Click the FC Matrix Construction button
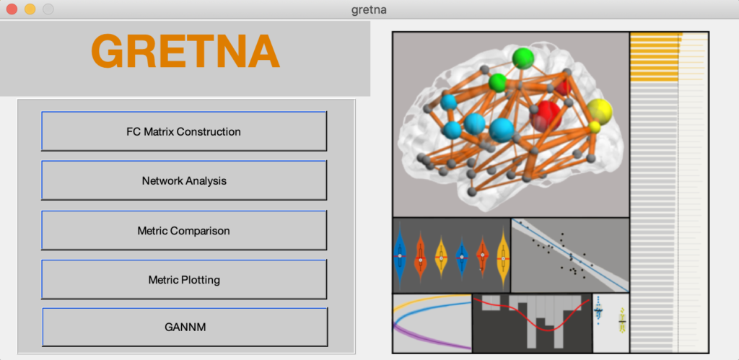point(184,131)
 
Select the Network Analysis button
point(184,180)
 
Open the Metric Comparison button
point(184,230)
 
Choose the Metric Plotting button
point(184,279)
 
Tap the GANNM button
point(185,327)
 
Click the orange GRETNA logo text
point(185,51)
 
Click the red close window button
point(12,9)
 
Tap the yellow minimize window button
point(30,9)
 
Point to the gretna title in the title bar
point(369,9)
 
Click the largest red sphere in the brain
point(546,116)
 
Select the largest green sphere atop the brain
point(523,58)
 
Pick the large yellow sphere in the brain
point(600,111)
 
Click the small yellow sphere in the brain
point(595,126)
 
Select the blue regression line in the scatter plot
point(570,255)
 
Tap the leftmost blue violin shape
point(400,255)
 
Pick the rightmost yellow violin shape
point(503,258)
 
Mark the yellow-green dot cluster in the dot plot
point(621,321)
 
